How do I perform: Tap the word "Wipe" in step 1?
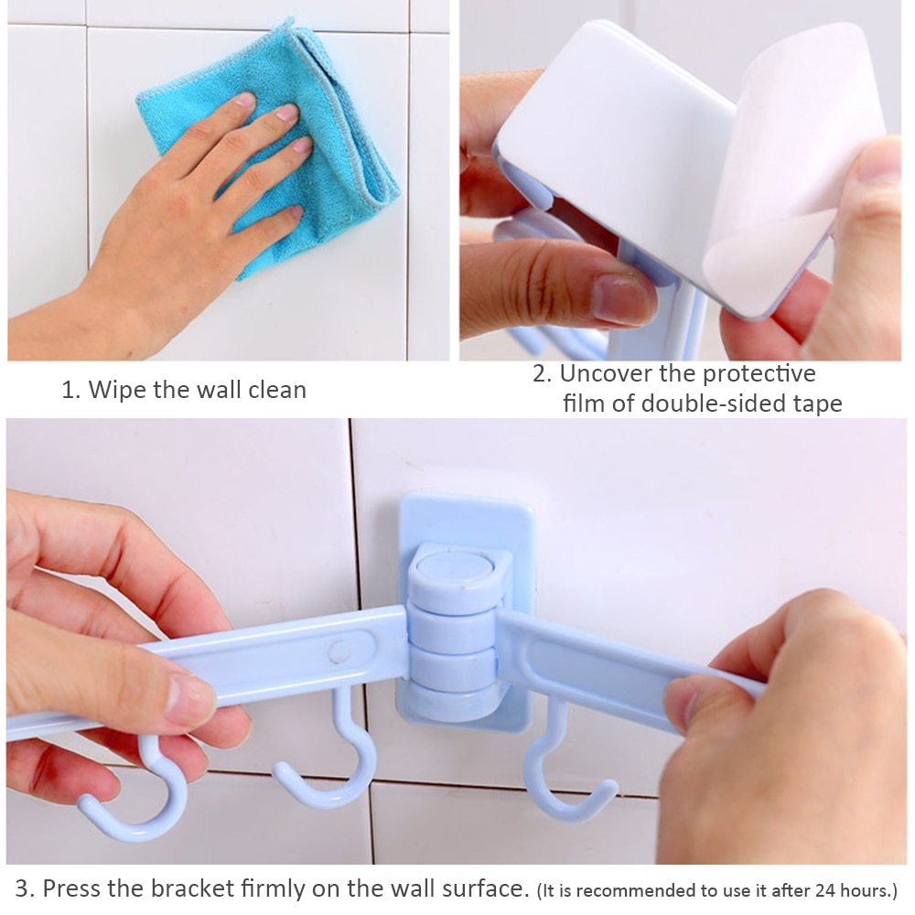117,390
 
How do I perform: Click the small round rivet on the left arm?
341,651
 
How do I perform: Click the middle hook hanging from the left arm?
329,769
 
